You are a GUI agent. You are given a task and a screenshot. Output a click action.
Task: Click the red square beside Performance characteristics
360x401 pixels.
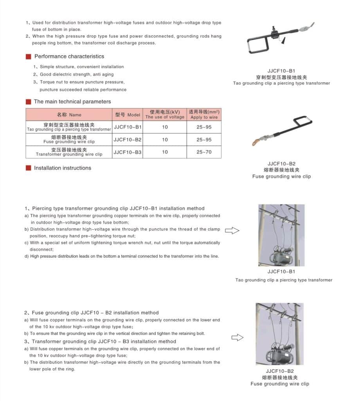coord(28,56)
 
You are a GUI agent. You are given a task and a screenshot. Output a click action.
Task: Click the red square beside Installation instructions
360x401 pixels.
coord(28,168)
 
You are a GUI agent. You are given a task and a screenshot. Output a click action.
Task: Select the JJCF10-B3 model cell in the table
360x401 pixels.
coord(128,152)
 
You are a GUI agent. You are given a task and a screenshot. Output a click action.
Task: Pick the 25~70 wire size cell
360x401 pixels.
coord(204,152)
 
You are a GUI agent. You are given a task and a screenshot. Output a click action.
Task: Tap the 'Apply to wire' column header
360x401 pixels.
coord(204,114)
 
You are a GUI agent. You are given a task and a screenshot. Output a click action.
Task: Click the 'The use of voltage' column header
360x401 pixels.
coord(165,114)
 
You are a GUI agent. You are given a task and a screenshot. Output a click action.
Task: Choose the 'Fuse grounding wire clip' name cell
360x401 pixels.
coord(69,139)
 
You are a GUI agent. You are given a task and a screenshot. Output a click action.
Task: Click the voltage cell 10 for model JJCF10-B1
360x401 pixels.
coord(165,127)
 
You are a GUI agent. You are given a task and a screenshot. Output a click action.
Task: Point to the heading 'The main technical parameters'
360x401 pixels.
coord(72,101)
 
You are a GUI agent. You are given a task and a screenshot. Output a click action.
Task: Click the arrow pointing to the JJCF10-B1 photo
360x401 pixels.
coord(232,230)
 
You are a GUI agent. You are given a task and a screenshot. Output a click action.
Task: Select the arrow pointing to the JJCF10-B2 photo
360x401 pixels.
coord(237,337)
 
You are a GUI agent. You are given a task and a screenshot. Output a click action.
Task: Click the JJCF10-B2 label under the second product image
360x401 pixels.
coord(281,164)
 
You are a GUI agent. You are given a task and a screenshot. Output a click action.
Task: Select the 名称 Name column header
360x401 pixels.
coord(69,114)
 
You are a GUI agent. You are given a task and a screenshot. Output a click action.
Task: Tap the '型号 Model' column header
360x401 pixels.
coord(128,114)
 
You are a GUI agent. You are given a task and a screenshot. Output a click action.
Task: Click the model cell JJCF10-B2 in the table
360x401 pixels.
coord(128,139)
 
